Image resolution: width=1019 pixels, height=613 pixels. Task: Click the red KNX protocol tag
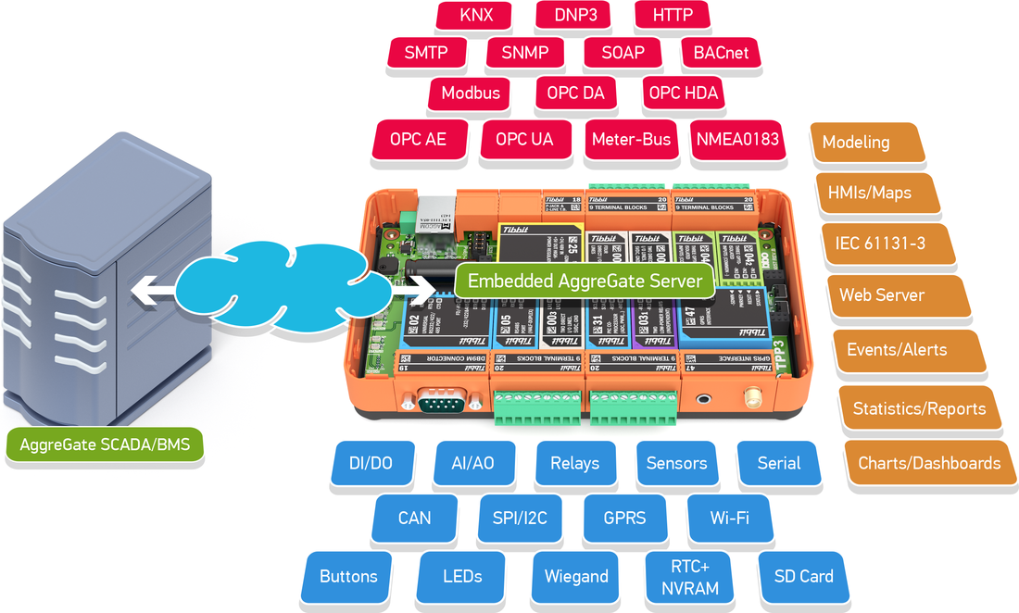(476, 16)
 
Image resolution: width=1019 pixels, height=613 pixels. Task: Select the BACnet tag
(721, 53)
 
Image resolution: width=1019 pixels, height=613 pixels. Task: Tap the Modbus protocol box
(471, 93)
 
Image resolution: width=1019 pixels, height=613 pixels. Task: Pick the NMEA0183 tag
(736, 139)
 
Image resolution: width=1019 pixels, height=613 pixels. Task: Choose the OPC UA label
(524, 139)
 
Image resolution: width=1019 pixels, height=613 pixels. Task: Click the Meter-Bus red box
(631, 139)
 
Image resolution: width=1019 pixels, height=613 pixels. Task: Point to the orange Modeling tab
(857, 143)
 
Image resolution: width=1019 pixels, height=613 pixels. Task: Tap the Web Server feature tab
(882, 295)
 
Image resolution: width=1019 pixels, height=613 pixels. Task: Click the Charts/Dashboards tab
(929, 463)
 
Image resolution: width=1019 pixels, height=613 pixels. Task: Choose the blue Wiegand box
(576, 577)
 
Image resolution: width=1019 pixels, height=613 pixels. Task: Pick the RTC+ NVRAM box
(689, 576)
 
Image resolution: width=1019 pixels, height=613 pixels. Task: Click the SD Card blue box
(803, 576)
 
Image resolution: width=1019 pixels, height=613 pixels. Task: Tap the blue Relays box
(574, 463)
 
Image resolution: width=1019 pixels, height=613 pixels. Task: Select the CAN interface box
(414, 518)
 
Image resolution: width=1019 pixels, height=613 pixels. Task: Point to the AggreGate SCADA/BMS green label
(105, 444)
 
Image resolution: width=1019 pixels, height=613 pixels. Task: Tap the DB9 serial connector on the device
(437, 402)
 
